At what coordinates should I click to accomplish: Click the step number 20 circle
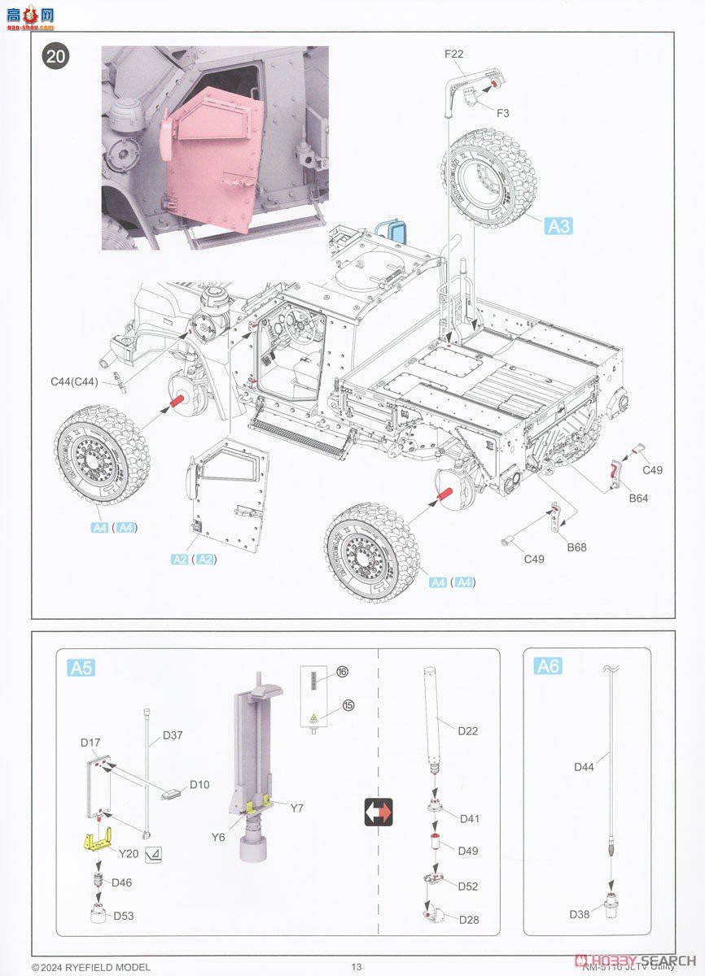click(57, 56)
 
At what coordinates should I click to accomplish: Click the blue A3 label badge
click(558, 226)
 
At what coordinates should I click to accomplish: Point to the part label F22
click(453, 54)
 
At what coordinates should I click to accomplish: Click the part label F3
click(502, 113)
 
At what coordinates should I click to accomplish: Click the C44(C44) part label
click(74, 381)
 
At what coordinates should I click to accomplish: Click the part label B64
click(637, 499)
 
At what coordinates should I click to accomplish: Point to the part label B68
click(576, 547)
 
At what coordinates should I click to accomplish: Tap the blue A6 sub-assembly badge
click(548, 666)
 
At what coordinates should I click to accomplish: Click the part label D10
click(199, 784)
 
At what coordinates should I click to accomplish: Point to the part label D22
click(467, 730)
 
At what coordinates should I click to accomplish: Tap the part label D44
click(585, 766)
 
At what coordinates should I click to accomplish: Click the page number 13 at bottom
click(356, 966)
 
